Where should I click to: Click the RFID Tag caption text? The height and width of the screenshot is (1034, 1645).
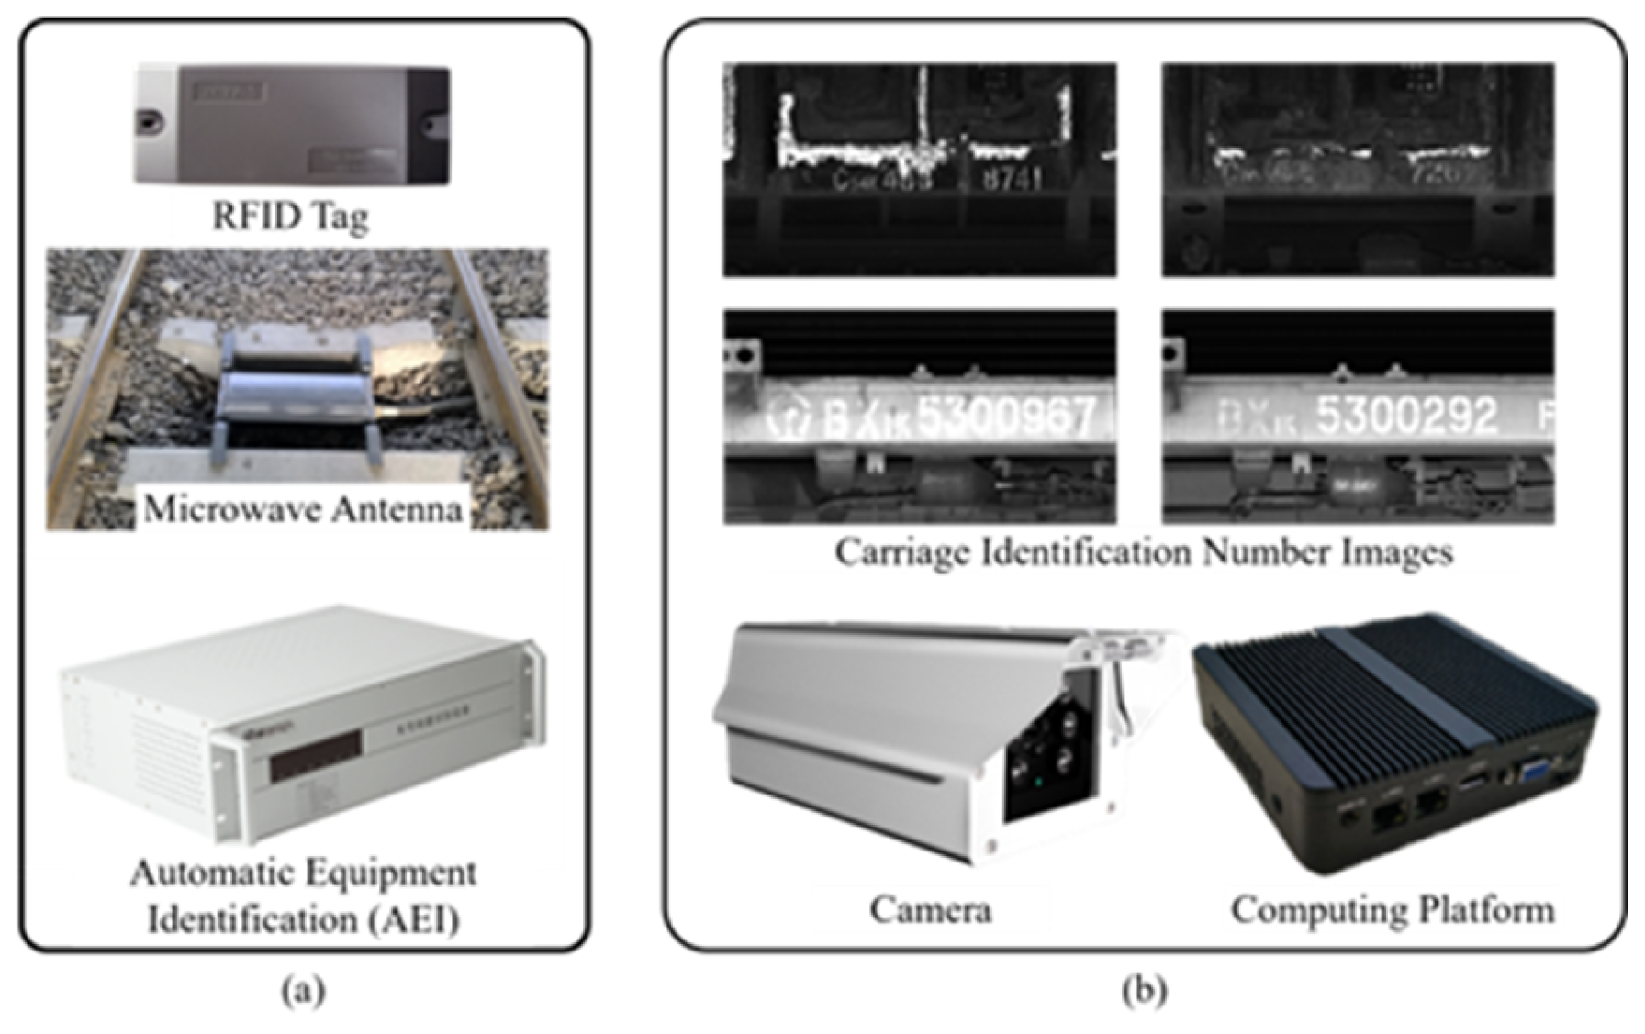tap(290, 217)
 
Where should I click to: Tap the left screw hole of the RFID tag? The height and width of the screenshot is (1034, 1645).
tap(151, 121)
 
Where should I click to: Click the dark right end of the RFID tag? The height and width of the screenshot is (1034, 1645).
tap(429, 124)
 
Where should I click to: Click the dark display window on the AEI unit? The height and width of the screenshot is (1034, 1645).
tap(315, 756)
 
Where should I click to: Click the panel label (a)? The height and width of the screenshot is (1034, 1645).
tap(303, 991)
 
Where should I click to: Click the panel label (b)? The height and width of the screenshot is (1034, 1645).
tap(1144, 991)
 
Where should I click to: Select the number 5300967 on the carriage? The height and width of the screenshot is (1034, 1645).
tap(1006, 417)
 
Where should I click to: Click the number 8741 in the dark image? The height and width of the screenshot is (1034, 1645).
tap(1012, 178)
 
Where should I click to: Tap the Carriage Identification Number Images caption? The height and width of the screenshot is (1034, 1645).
tap(1144, 552)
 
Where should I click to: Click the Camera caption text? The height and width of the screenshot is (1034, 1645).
tap(930, 909)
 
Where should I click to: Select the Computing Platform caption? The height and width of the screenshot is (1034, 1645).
tap(1393, 909)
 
